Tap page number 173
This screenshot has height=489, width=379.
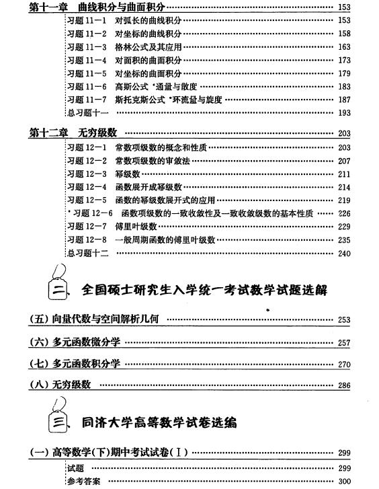[x=344, y=61]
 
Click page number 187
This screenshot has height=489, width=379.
[x=344, y=100]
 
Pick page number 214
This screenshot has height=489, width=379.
[x=344, y=187]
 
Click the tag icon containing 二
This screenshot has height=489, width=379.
[x=58, y=286]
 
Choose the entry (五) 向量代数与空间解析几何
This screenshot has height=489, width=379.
[x=93, y=319]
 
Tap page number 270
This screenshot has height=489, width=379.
[x=344, y=365]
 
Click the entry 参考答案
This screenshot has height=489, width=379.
[x=84, y=481]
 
